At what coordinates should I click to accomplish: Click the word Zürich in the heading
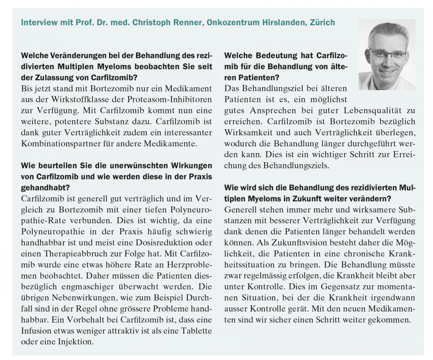coord(322,22)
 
